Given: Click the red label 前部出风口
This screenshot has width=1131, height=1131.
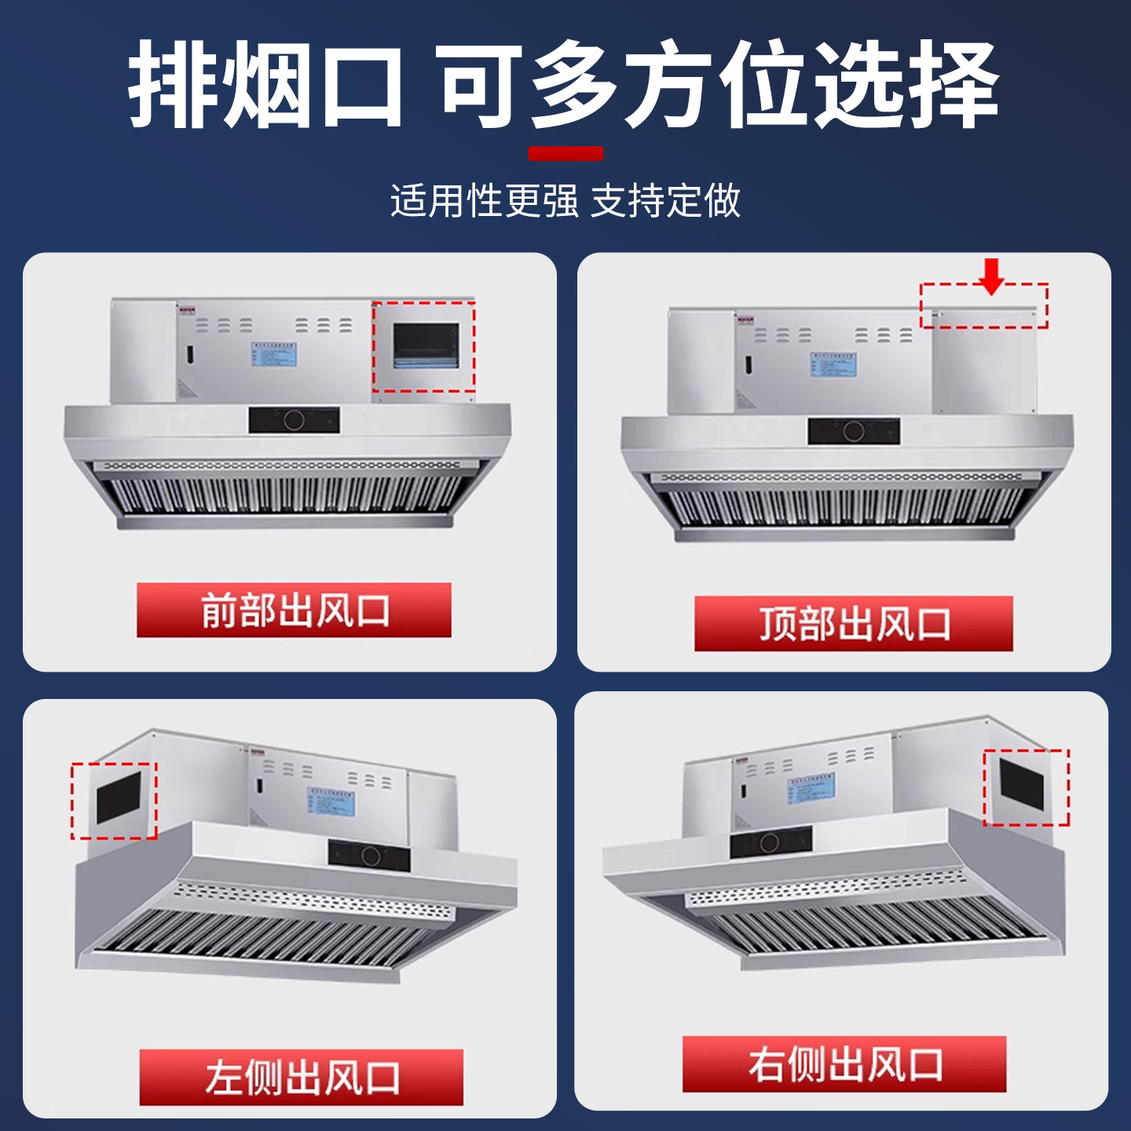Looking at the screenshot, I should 294,610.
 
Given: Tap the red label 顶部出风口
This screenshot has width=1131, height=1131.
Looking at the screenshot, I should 854,624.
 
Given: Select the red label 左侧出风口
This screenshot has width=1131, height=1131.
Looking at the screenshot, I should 302,1077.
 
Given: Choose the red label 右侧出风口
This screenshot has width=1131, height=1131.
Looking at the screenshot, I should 844,1064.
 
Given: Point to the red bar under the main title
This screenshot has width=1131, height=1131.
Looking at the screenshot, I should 565,153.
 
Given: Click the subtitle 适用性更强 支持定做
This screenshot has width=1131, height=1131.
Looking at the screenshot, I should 565,200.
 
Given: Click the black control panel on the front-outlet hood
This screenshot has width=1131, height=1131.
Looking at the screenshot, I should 295,420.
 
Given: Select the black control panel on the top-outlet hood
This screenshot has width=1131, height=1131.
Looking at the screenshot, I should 854,431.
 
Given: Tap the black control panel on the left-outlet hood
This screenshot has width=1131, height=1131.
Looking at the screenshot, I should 369,855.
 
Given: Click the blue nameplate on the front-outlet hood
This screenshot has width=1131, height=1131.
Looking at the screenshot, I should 274,354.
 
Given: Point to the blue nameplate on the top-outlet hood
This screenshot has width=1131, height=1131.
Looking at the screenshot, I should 833,364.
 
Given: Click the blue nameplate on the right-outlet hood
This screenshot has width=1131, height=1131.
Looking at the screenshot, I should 811,788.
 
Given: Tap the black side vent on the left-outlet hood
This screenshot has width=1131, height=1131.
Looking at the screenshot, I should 119,798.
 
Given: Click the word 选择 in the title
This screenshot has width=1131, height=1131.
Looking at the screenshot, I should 905,85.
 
